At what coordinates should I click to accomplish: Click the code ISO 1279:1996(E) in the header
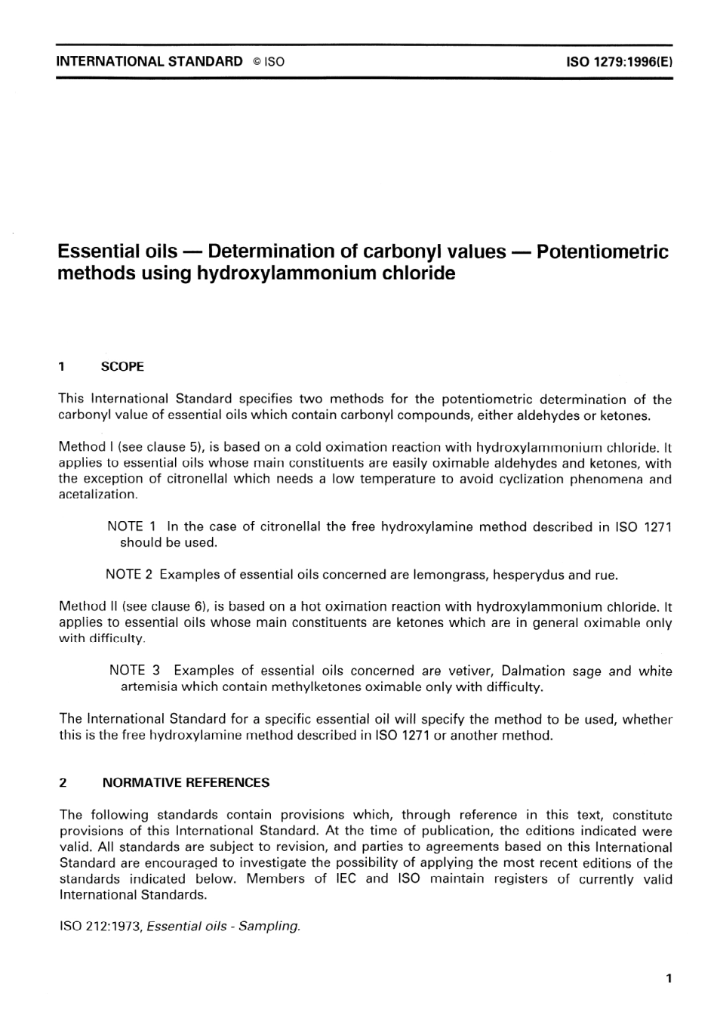619,61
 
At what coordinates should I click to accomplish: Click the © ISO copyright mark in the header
269,62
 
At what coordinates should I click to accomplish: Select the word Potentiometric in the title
602,251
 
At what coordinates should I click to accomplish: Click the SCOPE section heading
122,367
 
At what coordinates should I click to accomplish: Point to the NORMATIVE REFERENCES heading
186,783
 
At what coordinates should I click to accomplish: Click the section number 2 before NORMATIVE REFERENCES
63,783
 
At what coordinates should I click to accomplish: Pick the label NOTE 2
130,575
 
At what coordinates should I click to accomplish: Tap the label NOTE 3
135,671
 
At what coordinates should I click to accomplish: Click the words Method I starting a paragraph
84,447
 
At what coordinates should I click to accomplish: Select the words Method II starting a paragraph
85,606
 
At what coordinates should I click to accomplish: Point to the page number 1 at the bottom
669,979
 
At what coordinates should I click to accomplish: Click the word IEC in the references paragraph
346,879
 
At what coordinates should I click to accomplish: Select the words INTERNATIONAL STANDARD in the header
149,62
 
